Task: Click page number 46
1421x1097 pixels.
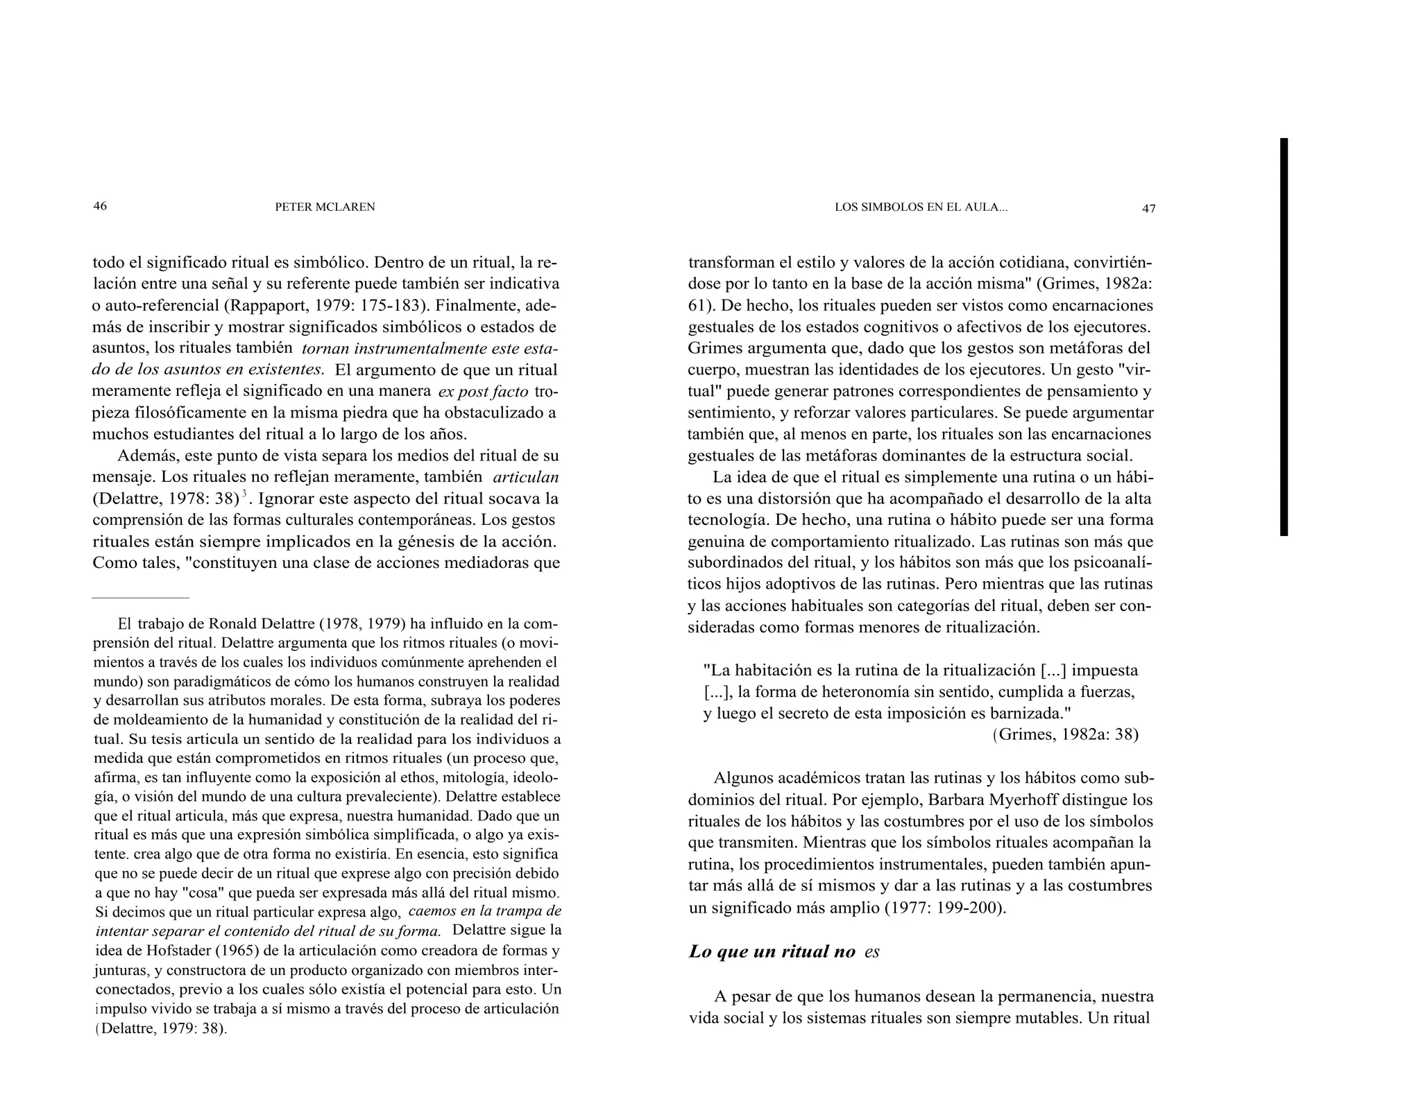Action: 100,206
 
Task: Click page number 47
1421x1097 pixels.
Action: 1148,208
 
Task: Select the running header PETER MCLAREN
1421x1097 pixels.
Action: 325,207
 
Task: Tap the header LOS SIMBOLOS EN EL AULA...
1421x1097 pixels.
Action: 921,207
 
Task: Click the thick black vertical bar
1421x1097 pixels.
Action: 1284,336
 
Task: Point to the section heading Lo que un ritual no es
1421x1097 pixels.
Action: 783,951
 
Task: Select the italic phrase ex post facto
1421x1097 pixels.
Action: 483,392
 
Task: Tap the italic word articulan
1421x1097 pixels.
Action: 525,477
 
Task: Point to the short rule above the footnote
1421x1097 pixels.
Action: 140,597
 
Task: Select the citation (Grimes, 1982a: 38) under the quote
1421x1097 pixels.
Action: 1065,734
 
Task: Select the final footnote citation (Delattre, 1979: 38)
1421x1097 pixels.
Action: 161,1028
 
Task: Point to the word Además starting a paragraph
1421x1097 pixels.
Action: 146,456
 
